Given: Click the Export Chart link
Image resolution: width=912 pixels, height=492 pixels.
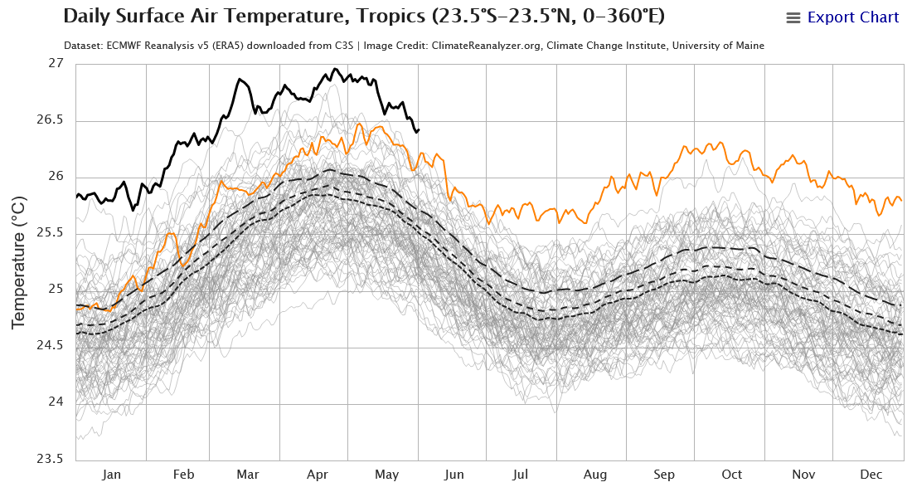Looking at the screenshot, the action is tap(852, 17).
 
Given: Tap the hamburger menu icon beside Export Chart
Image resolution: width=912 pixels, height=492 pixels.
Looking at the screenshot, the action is tap(793, 18).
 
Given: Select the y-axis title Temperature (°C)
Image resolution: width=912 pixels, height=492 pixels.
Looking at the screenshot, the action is tap(18, 263).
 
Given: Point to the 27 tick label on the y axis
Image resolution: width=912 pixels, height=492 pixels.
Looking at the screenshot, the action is tap(56, 63).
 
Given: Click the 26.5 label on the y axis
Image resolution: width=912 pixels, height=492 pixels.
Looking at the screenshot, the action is tap(50, 120).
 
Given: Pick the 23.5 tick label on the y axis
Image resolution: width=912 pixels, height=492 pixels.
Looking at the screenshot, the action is tap(50, 459).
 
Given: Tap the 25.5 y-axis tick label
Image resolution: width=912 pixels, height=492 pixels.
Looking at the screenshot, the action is tap(50, 233).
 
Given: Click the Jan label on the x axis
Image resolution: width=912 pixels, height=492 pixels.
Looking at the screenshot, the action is tap(111, 475).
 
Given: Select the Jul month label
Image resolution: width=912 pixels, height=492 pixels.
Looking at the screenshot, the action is tap(521, 475).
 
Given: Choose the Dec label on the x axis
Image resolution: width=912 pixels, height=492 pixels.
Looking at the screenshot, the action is tap(871, 475).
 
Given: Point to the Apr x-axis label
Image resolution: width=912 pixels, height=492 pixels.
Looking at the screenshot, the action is tap(317, 475).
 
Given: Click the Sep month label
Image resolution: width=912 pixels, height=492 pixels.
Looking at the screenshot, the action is tap(663, 475).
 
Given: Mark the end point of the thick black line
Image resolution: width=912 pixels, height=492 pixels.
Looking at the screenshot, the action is tap(419, 129).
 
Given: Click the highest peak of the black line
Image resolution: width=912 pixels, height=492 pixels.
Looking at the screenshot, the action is tap(335, 69).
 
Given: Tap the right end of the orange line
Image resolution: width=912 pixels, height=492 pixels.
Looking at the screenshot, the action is tap(901, 201).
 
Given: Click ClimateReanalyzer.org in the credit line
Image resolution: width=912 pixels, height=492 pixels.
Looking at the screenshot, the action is tap(486, 46).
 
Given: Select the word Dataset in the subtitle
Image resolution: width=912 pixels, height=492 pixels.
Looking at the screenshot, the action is tap(83, 46).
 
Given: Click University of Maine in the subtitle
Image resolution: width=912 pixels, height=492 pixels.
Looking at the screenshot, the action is tap(718, 46).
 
